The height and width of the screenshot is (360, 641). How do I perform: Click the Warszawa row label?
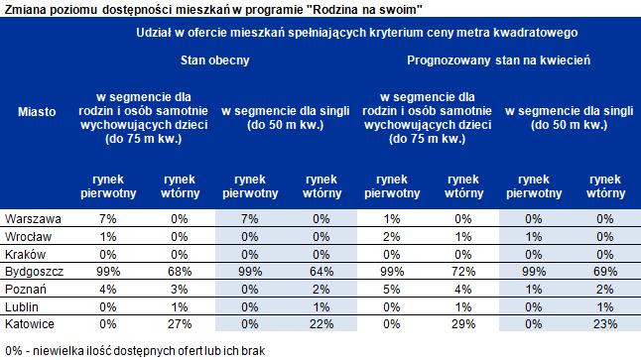[x=33, y=219]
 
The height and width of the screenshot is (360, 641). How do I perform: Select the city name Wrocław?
[x=28, y=237]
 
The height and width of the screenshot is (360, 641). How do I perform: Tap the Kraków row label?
[x=25, y=255]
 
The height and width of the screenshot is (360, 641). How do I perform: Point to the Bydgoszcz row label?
[x=35, y=272]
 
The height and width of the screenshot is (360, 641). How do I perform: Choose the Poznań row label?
[x=26, y=290]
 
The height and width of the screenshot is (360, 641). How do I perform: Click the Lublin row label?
[x=22, y=306]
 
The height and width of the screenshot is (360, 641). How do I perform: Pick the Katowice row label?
[x=30, y=324]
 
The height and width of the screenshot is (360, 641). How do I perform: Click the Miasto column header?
[x=37, y=111]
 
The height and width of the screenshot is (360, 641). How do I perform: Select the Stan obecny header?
[x=215, y=60]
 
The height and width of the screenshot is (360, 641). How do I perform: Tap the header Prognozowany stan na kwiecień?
[x=499, y=60]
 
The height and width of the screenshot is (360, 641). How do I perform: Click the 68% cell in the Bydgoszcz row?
[x=180, y=272]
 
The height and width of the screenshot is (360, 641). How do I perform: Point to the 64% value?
[x=321, y=272]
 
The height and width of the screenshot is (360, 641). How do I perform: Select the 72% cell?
[x=463, y=272]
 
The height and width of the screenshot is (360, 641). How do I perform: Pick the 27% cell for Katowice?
[x=180, y=324]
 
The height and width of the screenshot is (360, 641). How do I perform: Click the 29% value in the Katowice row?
[x=463, y=324]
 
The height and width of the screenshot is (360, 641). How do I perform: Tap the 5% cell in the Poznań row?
[x=392, y=290]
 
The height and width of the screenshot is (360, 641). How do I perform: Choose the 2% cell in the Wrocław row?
[x=392, y=237]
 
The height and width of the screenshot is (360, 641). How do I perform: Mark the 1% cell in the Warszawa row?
[x=392, y=219]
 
